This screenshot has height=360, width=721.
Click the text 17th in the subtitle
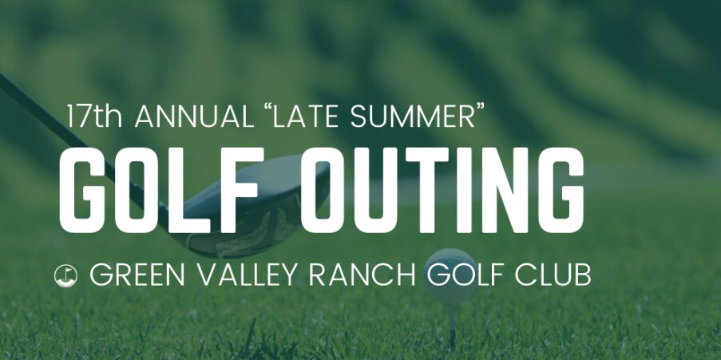[x=94, y=117]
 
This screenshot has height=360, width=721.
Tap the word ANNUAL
[x=194, y=117]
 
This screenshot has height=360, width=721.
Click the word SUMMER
[x=412, y=117]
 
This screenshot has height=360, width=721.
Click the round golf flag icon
[x=65, y=276]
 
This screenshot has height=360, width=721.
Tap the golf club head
[x=257, y=208]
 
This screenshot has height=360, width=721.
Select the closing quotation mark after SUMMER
[x=480, y=109]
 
